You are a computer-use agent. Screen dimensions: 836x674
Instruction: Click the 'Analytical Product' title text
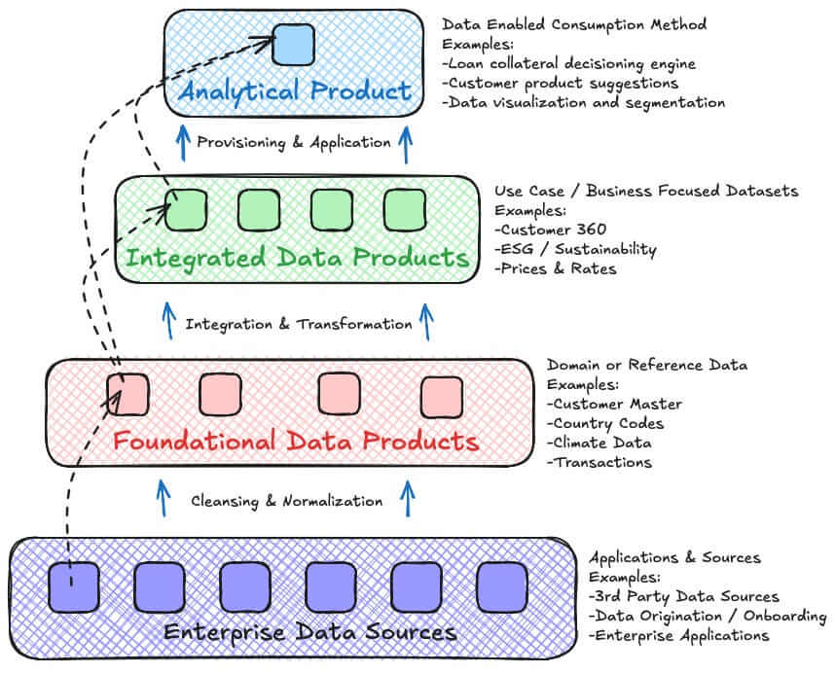pyautogui.click(x=295, y=91)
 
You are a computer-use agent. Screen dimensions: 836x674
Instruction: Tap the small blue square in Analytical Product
pyautogui.click(x=293, y=45)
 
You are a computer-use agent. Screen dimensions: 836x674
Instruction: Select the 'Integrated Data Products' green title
pyautogui.click(x=298, y=259)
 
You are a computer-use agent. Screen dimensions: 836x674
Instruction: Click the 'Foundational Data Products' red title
pyautogui.click(x=296, y=442)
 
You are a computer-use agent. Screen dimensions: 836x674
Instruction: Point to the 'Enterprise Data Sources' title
pyautogui.click(x=309, y=632)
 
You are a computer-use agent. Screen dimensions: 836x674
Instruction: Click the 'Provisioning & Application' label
pyautogui.click(x=294, y=143)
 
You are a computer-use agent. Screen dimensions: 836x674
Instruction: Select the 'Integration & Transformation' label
pyautogui.click(x=299, y=325)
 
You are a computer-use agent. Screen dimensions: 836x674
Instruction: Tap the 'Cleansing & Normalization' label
pyautogui.click(x=287, y=502)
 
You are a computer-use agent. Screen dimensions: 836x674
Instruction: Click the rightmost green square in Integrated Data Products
pyautogui.click(x=405, y=210)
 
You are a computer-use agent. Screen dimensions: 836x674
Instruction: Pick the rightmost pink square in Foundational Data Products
pyautogui.click(x=442, y=398)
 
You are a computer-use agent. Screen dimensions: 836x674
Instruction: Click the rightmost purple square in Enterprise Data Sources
pyautogui.click(x=502, y=587)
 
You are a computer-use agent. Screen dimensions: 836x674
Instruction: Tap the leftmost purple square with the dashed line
pyautogui.click(x=74, y=587)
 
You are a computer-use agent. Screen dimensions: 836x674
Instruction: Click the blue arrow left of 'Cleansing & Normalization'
pyautogui.click(x=164, y=498)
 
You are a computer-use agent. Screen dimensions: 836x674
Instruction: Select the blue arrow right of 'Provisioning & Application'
pyautogui.click(x=406, y=144)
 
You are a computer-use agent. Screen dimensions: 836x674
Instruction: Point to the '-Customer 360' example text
pyautogui.click(x=550, y=230)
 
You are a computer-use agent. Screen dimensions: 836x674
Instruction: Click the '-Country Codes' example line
pyautogui.click(x=605, y=424)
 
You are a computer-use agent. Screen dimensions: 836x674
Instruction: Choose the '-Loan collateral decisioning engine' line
pyautogui.click(x=569, y=64)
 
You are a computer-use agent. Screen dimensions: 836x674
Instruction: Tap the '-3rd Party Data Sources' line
pyautogui.click(x=684, y=597)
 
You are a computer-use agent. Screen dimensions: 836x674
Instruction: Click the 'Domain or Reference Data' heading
pyautogui.click(x=647, y=365)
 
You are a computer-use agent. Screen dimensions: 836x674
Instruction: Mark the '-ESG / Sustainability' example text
pyautogui.click(x=575, y=249)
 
